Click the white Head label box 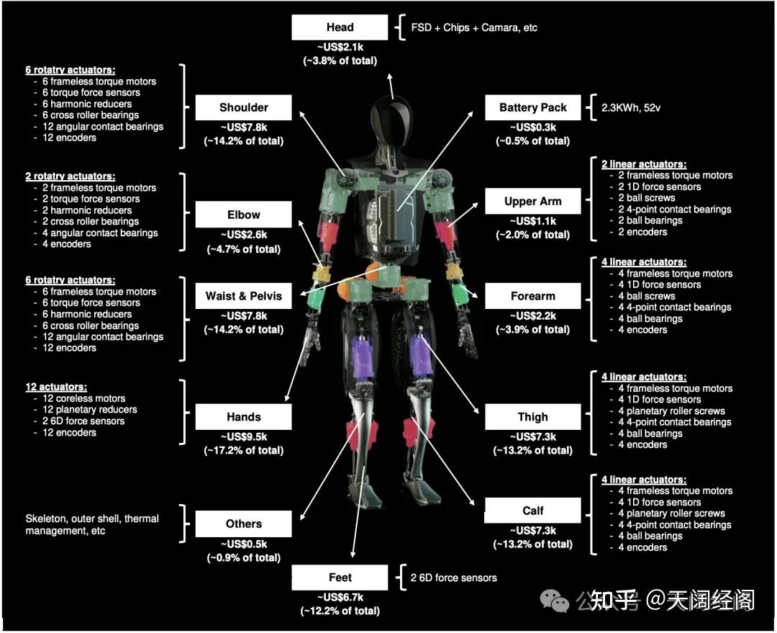(x=340, y=27)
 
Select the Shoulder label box (x=243, y=108)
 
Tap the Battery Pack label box (x=532, y=108)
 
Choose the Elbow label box (x=243, y=215)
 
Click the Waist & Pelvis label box (x=243, y=296)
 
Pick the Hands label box (x=243, y=417)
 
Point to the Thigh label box (x=532, y=417)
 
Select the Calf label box (x=532, y=511)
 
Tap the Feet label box (x=340, y=578)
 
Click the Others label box (x=243, y=524)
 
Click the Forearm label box (x=532, y=296)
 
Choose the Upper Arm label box (x=532, y=202)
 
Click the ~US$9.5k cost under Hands (x=243, y=437)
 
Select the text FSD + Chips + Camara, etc (x=474, y=28)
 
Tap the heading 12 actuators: (x=55, y=387)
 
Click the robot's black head (x=391, y=119)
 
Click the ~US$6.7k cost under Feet (x=340, y=598)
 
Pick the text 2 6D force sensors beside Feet (x=453, y=578)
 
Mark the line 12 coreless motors (x=83, y=398)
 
